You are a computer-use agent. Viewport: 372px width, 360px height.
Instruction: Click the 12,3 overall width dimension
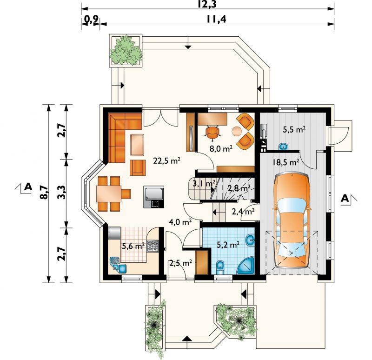207,4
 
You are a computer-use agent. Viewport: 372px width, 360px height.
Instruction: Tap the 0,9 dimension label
92,20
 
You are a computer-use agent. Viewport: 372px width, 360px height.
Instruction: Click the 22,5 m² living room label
167,160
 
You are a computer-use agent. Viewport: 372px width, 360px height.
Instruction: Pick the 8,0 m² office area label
220,148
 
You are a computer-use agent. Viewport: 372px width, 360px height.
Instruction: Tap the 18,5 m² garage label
286,162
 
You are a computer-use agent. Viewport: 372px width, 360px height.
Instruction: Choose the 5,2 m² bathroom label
228,245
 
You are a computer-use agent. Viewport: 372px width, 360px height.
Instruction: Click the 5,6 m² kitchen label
133,246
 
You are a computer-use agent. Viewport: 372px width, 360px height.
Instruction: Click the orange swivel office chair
213,132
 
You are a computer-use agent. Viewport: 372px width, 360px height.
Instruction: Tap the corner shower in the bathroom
246,265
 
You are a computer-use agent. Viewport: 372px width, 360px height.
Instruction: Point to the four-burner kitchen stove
153,246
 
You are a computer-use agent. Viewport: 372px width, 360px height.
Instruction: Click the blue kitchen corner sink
118,265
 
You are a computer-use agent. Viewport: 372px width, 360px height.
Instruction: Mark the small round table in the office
236,131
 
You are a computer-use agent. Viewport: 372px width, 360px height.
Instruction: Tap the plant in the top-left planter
126,50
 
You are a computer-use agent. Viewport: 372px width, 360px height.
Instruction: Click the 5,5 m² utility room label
294,129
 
